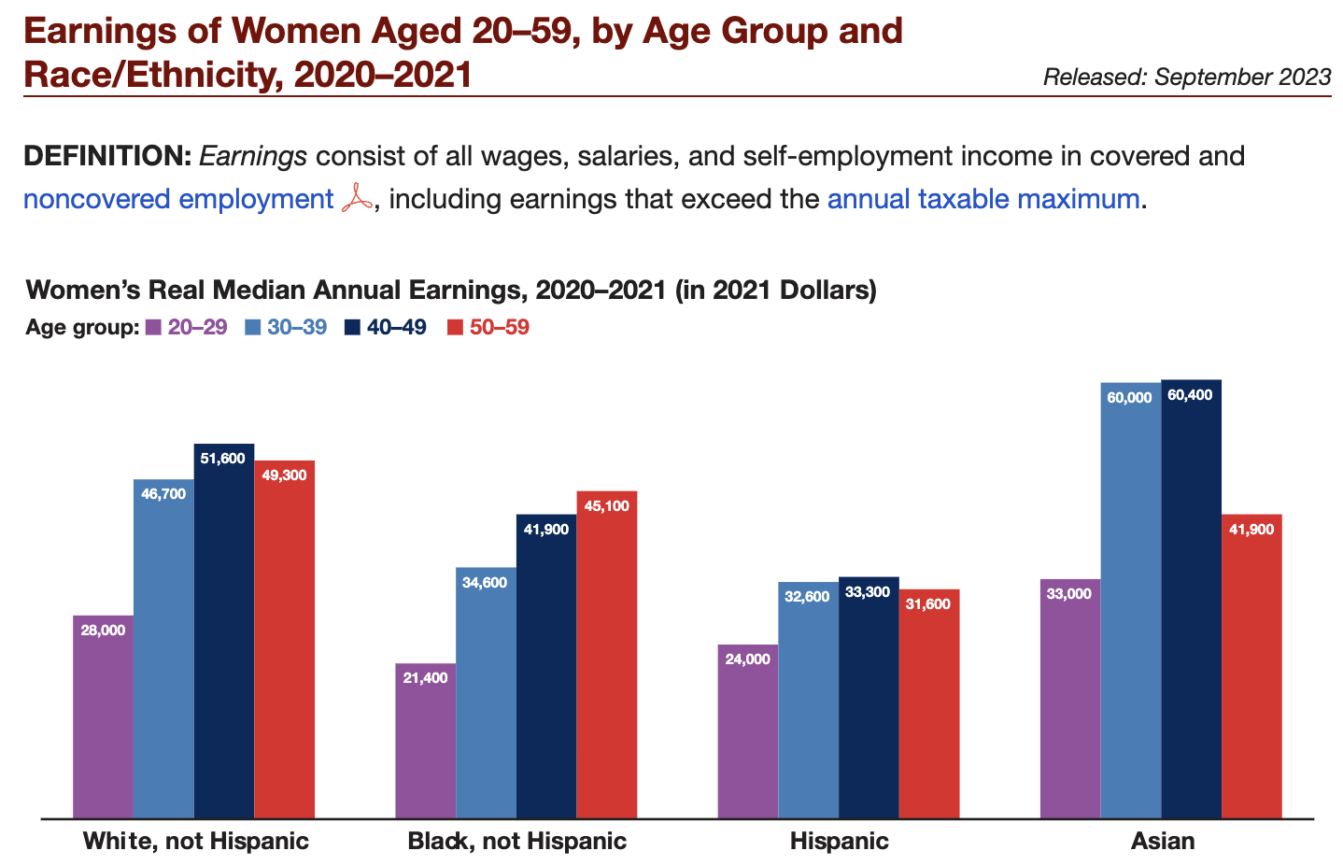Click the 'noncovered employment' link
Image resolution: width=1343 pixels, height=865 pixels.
pos(177,199)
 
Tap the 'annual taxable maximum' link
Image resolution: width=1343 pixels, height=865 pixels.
pos(983,199)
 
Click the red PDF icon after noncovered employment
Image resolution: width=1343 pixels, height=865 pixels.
pos(357,200)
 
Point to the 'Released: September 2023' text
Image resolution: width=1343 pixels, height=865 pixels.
pos(1186,77)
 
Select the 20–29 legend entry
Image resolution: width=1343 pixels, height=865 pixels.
pos(187,328)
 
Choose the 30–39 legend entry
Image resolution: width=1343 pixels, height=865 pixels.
pos(287,328)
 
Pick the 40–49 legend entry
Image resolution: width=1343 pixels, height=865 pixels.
pos(386,328)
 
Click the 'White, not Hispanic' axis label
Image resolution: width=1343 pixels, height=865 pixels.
pos(195,841)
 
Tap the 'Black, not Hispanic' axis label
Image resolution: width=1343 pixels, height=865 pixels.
pos(516,841)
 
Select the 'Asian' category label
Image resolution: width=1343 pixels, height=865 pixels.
pos(1163,841)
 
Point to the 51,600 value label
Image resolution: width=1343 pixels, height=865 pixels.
pos(222,458)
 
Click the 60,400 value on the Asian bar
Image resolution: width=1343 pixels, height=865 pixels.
pos(1190,395)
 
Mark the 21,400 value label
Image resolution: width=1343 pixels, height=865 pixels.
pos(425,678)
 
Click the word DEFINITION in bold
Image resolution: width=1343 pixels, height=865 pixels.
pos(106,156)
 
